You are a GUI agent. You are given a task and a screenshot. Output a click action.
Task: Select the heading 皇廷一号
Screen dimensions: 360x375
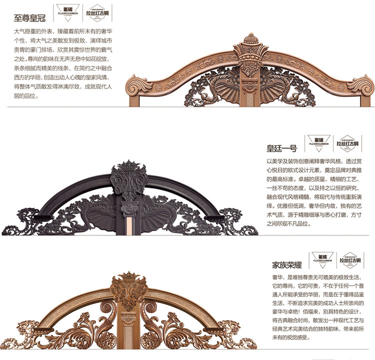pos(281,148)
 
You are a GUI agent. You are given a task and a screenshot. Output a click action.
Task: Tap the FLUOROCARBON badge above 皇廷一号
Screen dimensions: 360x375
pos(318,143)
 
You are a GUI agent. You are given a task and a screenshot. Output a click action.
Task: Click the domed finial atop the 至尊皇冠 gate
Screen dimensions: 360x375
pos(248,40)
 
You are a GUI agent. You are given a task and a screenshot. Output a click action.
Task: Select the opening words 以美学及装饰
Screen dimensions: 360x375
pos(285,161)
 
